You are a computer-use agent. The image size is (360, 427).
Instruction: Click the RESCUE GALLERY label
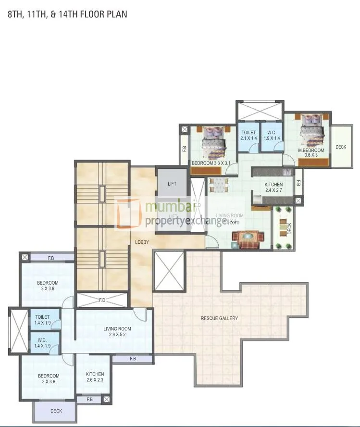click(219, 318)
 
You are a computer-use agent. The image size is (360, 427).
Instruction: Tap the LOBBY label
click(142, 242)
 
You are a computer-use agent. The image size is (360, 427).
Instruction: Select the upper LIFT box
click(172, 183)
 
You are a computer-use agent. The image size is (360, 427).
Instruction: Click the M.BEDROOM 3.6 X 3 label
click(311, 153)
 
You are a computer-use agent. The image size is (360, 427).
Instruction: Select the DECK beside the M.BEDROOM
click(341, 147)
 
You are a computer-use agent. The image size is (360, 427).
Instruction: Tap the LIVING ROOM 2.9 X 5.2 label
click(117, 332)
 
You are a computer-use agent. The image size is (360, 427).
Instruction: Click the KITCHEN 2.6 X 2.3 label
click(95, 377)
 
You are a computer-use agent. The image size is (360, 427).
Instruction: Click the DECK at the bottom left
click(56, 411)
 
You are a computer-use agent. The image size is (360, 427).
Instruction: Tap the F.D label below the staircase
click(102, 301)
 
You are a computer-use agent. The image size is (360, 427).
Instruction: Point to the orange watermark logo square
click(128, 213)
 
